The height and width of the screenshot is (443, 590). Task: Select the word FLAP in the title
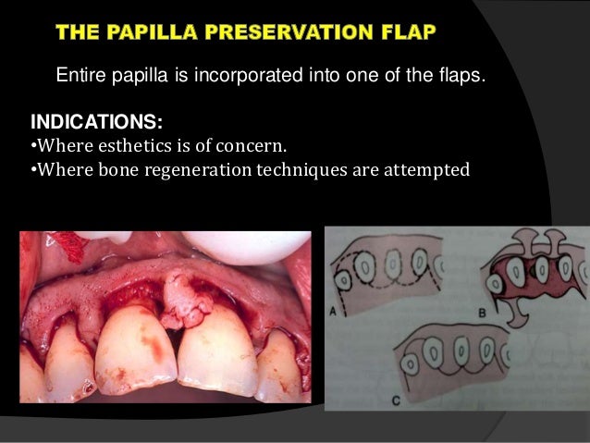(x=409, y=34)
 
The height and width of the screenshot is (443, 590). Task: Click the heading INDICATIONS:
(x=90, y=122)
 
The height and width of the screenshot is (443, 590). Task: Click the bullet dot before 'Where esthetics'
(x=34, y=147)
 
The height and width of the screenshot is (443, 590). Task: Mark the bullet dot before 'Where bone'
(x=34, y=171)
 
